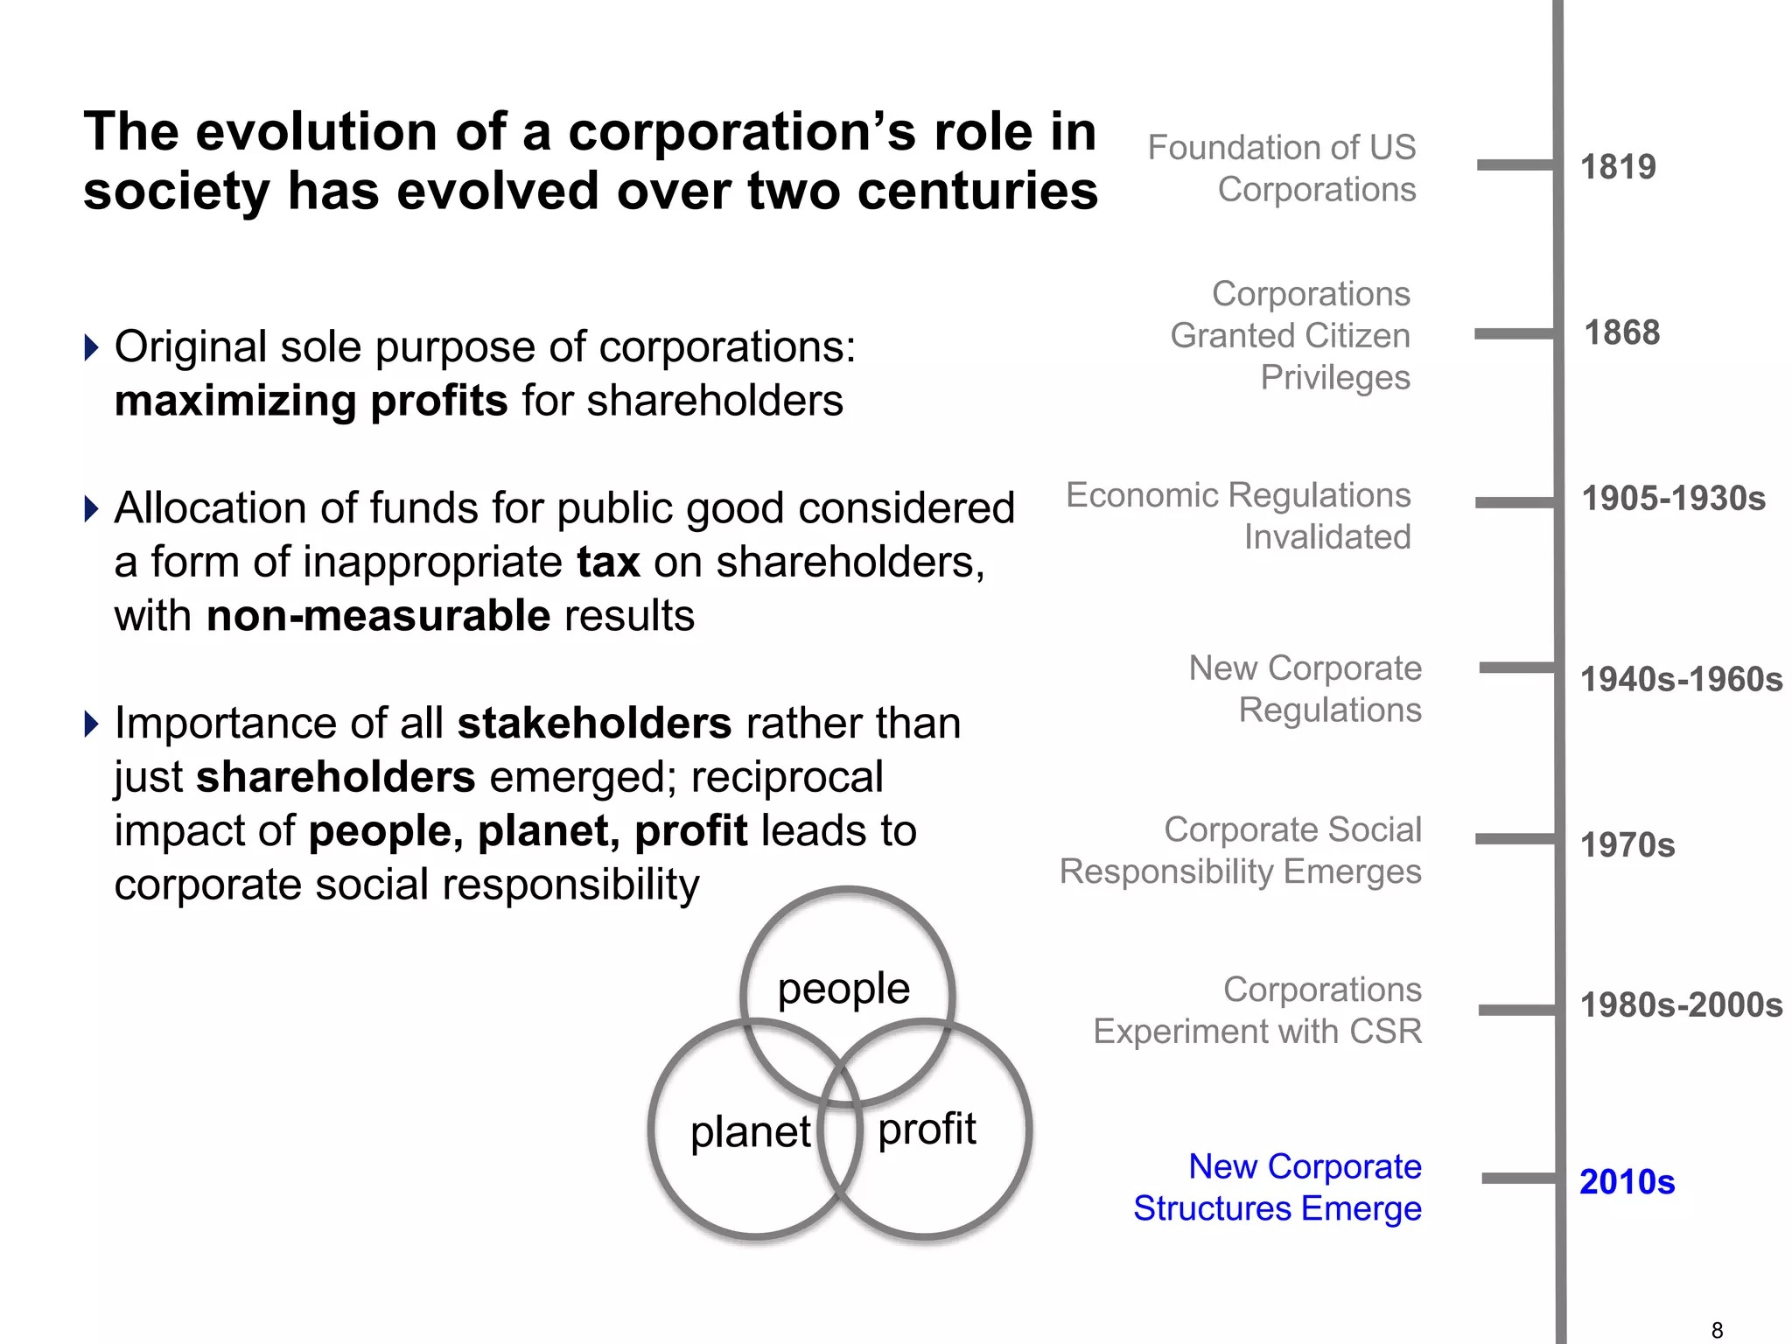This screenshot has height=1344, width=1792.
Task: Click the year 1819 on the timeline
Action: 1618,166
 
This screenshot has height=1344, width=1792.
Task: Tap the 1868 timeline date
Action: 1622,332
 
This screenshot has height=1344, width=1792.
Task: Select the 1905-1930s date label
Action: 1673,499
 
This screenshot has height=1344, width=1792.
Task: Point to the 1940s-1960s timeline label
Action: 1681,679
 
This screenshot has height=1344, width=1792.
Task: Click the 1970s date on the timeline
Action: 1627,845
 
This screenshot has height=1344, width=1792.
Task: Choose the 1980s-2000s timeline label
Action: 1681,1005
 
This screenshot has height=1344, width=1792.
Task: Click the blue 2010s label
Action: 1627,1181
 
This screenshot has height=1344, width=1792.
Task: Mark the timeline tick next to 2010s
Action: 1519,1179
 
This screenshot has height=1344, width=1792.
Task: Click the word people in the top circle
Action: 843,989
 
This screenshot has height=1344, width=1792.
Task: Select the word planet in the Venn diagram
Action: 751,1131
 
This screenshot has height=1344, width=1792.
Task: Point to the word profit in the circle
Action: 927,1129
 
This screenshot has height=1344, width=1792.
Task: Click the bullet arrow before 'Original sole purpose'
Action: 92,347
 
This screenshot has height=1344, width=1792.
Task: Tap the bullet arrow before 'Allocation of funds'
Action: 92,508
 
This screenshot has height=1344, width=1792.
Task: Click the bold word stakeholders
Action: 594,724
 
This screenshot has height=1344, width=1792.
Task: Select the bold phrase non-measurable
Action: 378,616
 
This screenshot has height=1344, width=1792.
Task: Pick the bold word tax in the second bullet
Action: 608,562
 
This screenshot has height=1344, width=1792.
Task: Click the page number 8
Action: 1717,1330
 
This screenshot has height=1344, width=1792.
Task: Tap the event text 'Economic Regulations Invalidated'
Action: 1238,516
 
